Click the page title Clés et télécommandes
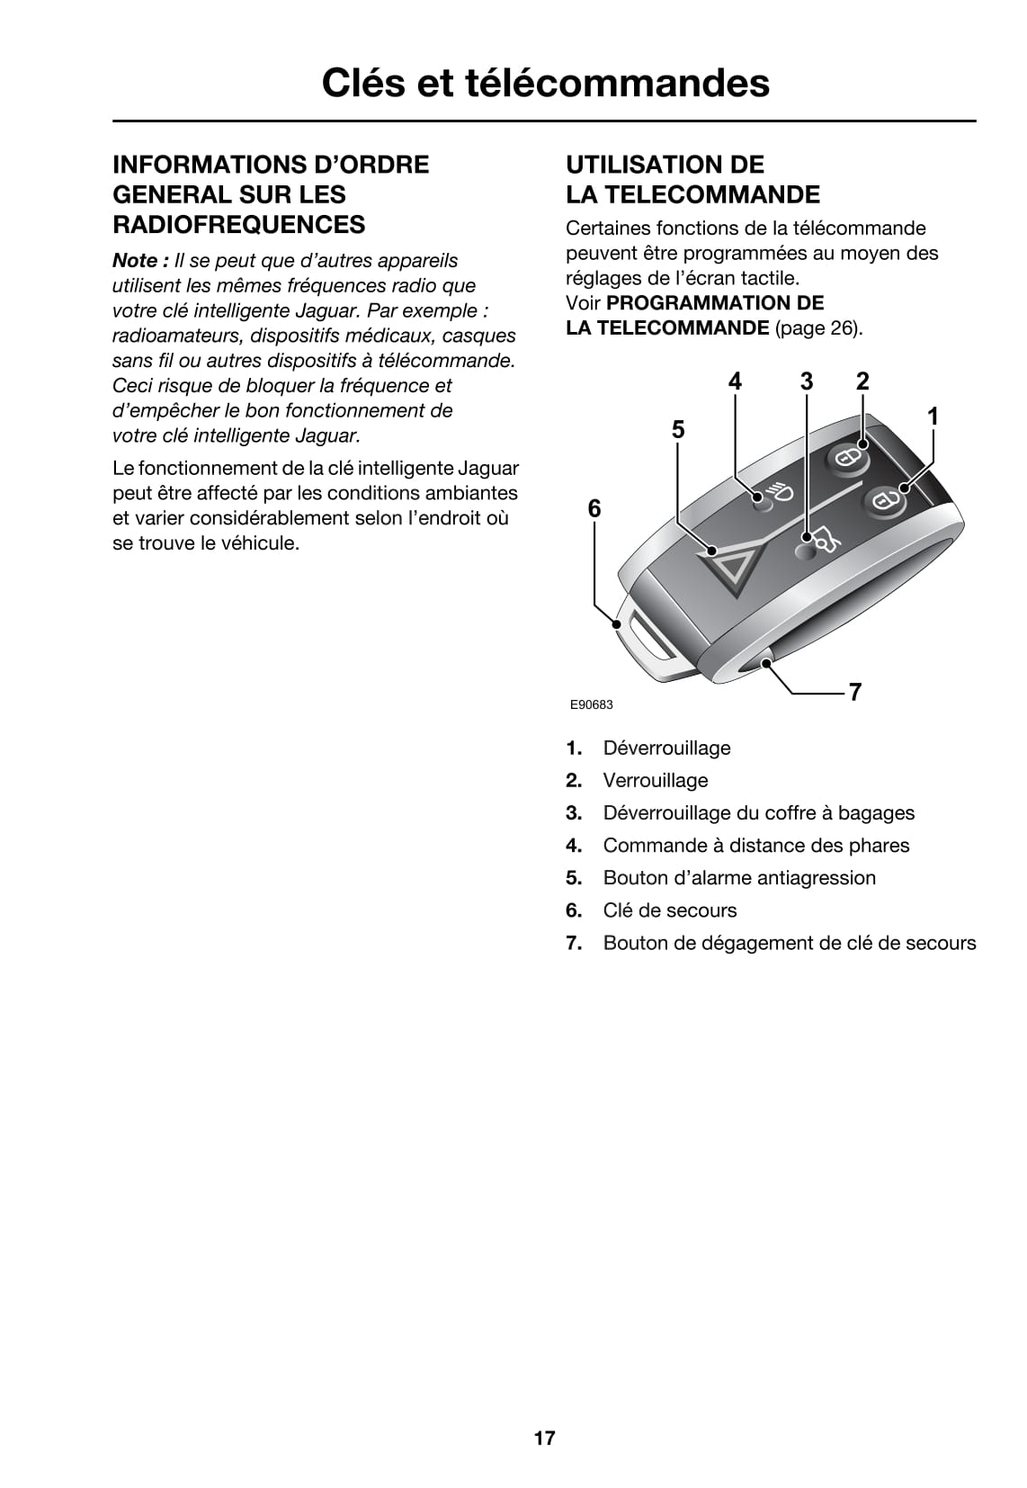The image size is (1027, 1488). coord(545,83)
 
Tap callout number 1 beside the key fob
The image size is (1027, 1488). coord(933,417)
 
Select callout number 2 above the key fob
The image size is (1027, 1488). coord(862,381)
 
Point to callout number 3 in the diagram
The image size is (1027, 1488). coord(807,381)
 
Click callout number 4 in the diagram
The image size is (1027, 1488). coord(735,381)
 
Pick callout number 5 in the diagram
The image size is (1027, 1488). coord(678,430)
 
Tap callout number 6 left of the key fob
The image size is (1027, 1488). coord(594,509)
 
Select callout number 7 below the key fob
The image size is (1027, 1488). coord(854,692)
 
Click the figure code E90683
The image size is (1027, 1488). coord(591,704)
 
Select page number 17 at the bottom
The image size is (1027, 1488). coord(545,1438)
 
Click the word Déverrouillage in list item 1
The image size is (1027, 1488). coord(666,748)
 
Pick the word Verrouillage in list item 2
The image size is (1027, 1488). coord(655,781)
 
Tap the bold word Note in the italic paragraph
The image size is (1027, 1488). coord(135,261)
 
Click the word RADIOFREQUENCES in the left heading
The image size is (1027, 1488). coord(238,224)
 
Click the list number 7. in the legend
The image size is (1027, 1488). coord(574,943)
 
